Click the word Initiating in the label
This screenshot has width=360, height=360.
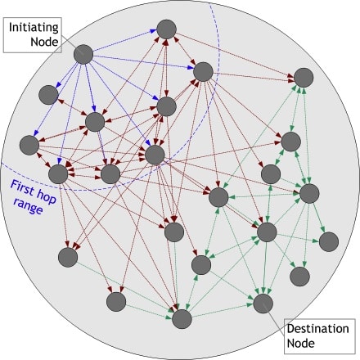pyautogui.click(x=34, y=28)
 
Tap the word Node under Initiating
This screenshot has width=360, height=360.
pyautogui.click(x=44, y=42)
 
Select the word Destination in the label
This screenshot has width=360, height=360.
pyautogui.click(x=317, y=329)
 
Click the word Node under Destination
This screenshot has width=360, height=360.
pyautogui.click(x=300, y=343)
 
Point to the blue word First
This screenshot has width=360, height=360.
pyautogui.click(x=22, y=187)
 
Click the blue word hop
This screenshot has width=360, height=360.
pyautogui.click(x=47, y=197)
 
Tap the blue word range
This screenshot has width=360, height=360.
pyautogui.click(x=29, y=206)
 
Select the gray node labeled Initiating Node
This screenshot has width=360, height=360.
pyautogui.click(x=83, y=54)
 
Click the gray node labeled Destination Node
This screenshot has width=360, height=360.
pyautogui.click(x=263, y=304)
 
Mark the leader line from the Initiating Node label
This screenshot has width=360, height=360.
pyautogui.click(x=70, y=44)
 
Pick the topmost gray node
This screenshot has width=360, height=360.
pyautogui.click(x=167, y=29)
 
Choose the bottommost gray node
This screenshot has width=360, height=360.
pyautogui.click(x=182, y=319)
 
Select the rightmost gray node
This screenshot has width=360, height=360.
pyautogui.click(x=329, y=241)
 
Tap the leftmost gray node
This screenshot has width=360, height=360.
pyautogui.click(x=29, y=145)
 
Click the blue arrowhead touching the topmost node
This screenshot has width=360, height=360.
pyautogui.click(x=154, y=32)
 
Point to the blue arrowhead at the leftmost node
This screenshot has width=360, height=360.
pyautogui.click(x=35, y=133)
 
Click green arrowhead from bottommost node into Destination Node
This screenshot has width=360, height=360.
pyautogui.click(x=250, y=305)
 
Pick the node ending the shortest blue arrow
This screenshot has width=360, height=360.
pyautogui.click(x=48, y=95)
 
